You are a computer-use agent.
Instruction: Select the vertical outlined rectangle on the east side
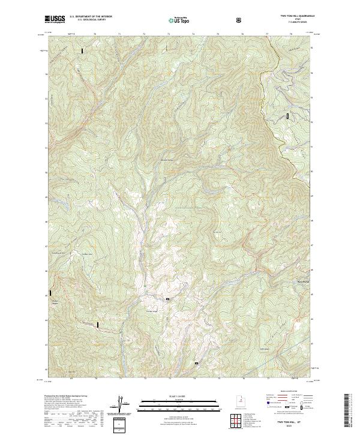coord(287,115)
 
